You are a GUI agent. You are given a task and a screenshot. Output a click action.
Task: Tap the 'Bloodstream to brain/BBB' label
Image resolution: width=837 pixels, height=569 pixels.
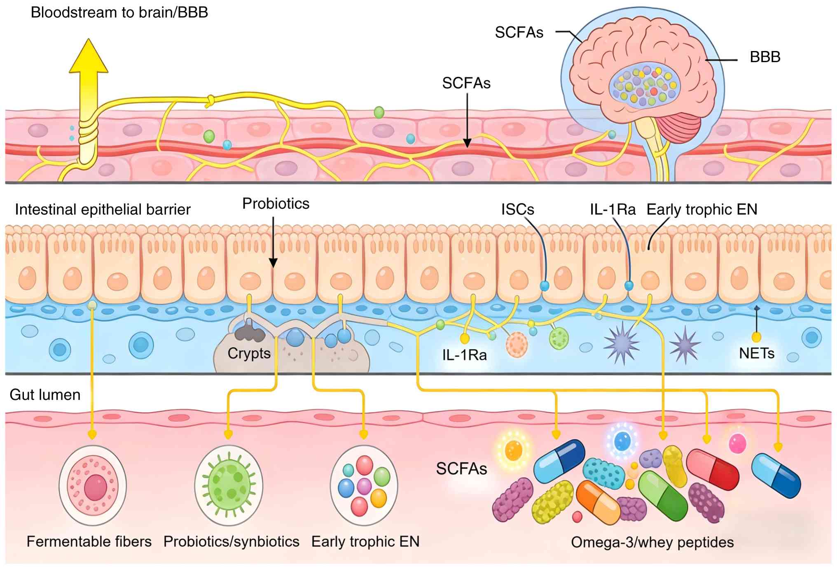click(119, 13)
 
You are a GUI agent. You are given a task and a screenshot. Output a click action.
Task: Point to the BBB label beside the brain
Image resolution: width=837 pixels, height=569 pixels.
click(765, 57)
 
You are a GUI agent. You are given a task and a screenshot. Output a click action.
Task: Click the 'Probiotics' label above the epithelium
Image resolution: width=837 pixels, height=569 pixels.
click(276, 203)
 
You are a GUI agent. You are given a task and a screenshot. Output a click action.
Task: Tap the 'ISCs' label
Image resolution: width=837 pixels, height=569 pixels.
click(517, 210)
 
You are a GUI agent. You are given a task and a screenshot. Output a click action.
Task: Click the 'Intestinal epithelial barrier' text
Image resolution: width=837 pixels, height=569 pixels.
click(103, 210)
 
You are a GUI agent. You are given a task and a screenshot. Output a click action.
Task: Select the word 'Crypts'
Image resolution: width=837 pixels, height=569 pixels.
click(249, 353)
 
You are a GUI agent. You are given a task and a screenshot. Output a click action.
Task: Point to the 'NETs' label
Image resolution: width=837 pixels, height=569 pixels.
click(757, 353)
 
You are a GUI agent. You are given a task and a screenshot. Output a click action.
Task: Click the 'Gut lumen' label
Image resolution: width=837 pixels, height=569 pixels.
click(45, 395)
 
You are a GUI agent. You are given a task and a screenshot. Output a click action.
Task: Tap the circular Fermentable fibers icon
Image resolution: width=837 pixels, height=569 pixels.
click(93, 485)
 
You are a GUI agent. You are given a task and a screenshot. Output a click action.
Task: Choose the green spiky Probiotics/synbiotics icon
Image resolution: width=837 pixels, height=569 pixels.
click(229, 485)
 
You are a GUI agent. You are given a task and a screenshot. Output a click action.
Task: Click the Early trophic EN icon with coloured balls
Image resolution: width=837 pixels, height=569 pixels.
click(364, 485)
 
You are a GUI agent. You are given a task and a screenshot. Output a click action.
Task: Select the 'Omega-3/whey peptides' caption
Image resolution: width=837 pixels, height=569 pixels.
click(652, 542)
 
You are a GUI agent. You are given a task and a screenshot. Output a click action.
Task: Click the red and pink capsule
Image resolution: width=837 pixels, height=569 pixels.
click(712, 469)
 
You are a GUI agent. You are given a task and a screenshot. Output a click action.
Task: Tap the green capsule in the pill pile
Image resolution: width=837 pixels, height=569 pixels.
click(663, 496)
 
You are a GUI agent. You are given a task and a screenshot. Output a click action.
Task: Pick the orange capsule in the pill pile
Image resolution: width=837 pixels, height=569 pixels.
click(598, 502)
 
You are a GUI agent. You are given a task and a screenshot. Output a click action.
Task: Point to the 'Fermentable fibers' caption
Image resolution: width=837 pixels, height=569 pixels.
click(89, 541)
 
